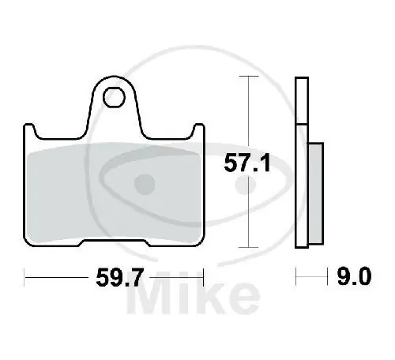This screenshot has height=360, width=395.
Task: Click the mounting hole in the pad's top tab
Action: click(114, 97)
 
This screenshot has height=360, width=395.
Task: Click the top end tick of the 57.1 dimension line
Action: click(249, 77)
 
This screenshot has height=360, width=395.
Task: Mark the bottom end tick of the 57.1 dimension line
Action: click(249, 248)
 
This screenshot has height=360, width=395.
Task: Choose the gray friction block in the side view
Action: click(315, 193)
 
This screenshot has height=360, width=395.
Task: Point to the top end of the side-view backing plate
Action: click(301, 81)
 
